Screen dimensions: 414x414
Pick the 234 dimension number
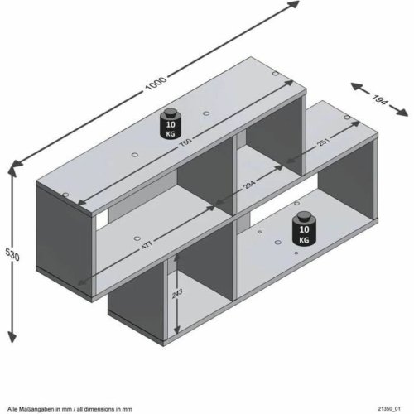tap(248, 188)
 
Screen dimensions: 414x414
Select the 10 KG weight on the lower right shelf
tap(302, 227)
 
